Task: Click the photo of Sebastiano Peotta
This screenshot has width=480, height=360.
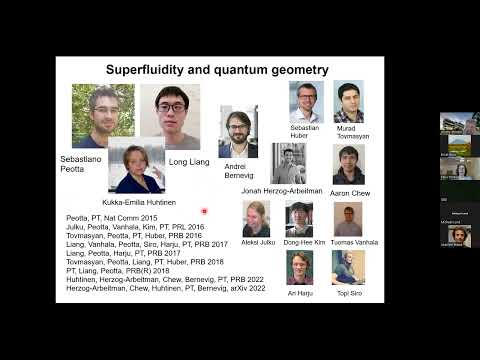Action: pyautogui.click(x=103, y=115)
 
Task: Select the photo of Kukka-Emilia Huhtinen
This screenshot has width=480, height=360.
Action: pyautogui.click(x=136, y=166)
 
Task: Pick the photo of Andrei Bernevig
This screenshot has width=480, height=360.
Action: pyautogui.click(x=238, y=131)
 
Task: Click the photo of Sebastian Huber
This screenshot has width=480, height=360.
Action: pyautogui.click(x=306, y=102)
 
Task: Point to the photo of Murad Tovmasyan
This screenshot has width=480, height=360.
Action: pyautogui.click(x=348, y=102)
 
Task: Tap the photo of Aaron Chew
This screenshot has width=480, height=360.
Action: pyautogui.click(x=348, y=166)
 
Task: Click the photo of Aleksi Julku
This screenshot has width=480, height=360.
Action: pyautogui.click(x=256, y=219)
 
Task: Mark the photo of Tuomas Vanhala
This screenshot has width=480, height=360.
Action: pyautogui.click(x=347, y=219)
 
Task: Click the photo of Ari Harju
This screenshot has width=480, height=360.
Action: pyautogui.click(x=300, y=268)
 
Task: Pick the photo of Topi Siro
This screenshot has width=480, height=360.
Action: pyautogui.click(x=347, y=268)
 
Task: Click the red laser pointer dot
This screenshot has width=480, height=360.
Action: pyautogui.click(x=204, y=211)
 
